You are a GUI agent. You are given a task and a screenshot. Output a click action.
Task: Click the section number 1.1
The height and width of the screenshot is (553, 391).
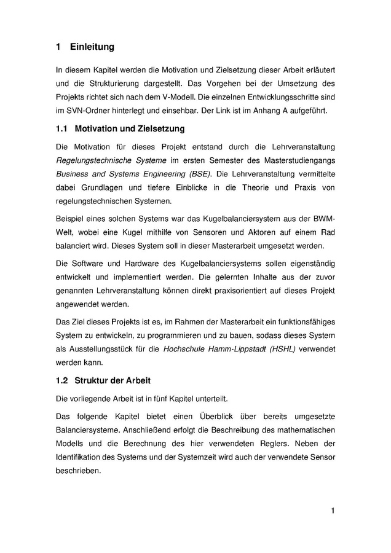tap(61, 129)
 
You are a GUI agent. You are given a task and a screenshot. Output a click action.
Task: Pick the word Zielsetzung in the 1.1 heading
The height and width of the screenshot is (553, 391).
tap(154, 129)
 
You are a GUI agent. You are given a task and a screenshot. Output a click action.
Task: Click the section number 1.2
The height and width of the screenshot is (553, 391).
tap(61, 381)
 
